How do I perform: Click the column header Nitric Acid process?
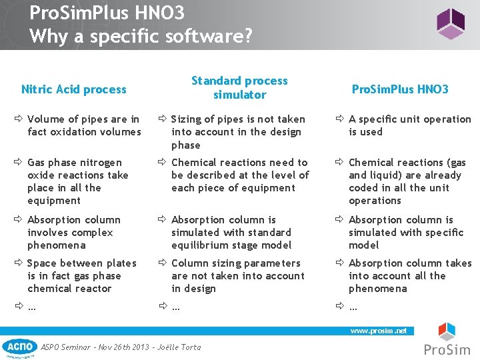pos(73,89)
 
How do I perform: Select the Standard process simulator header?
pos(239,87)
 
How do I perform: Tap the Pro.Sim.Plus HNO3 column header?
pos(400,89)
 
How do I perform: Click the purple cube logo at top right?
pos(450,24)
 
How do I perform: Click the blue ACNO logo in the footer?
pos(19,347)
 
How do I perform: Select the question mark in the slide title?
pos(248,35)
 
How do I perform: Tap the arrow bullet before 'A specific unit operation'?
pos(339,119)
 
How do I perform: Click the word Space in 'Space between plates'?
pos(42,263)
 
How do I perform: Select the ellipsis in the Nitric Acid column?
pos(31,307)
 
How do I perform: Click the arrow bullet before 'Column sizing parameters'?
pos(162,263)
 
